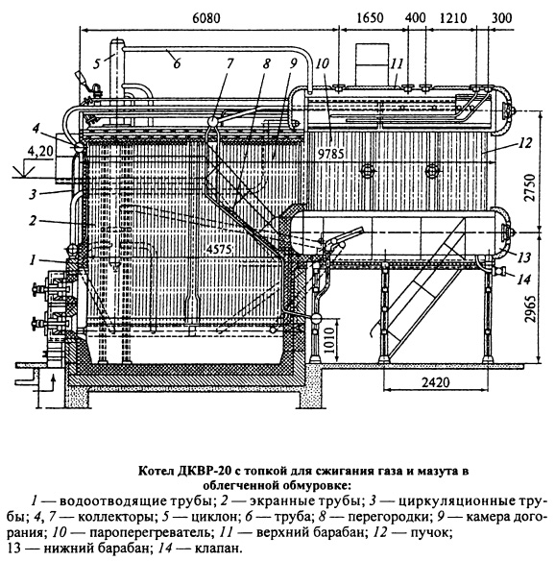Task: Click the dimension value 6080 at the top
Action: point(206,18)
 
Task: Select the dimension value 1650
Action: point(370,18)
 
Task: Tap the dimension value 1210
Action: point(453,18)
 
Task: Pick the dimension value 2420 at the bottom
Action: point(435,382)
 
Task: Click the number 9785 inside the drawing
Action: point(330,154)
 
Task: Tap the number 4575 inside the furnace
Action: point(219,250)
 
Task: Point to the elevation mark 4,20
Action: point(39,152)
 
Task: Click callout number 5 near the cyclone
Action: point(97,64)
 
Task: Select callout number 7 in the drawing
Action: point(229,63)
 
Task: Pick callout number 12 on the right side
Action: point(524,143)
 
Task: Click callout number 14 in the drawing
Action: point(523,280)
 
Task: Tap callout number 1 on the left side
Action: point(33,260)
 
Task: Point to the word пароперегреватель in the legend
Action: point(150,533)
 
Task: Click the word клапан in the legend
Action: point(216,549)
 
